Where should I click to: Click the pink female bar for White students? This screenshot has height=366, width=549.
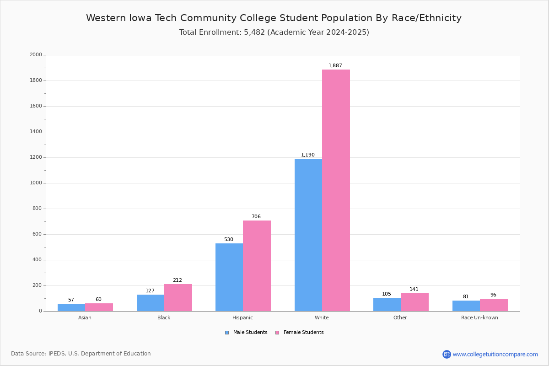pos(336,190)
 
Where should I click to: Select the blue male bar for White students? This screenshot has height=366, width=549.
pos(308,235)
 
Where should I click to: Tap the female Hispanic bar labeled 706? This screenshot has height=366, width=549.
pos(257,266)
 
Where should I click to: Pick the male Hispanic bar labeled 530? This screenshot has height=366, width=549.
pos(229,277)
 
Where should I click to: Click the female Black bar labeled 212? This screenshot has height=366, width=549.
pos(178,298)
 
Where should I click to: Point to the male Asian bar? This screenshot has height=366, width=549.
pos(71,307)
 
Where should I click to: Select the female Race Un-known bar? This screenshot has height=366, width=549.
pos(494,305)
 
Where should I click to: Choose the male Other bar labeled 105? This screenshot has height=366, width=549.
pos(387,305)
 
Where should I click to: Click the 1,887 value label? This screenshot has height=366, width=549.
pos(335,65)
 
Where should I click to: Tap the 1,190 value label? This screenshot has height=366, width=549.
pos(307,155)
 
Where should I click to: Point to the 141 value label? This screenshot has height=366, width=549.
pos(414,289)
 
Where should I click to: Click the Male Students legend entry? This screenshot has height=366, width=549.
pos(246,332)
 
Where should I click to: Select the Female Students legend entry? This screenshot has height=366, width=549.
pos(300,332)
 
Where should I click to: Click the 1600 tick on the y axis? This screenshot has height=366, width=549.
pos(36,106)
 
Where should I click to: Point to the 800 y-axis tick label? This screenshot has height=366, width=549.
pos(37,208)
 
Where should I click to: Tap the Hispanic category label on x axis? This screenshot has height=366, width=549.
pos(242,318)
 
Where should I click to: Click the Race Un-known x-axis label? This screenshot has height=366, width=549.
pos(479,318)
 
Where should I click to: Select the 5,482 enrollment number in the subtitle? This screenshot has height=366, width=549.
pos(254,32)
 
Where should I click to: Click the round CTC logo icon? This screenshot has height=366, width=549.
pos(447,354)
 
